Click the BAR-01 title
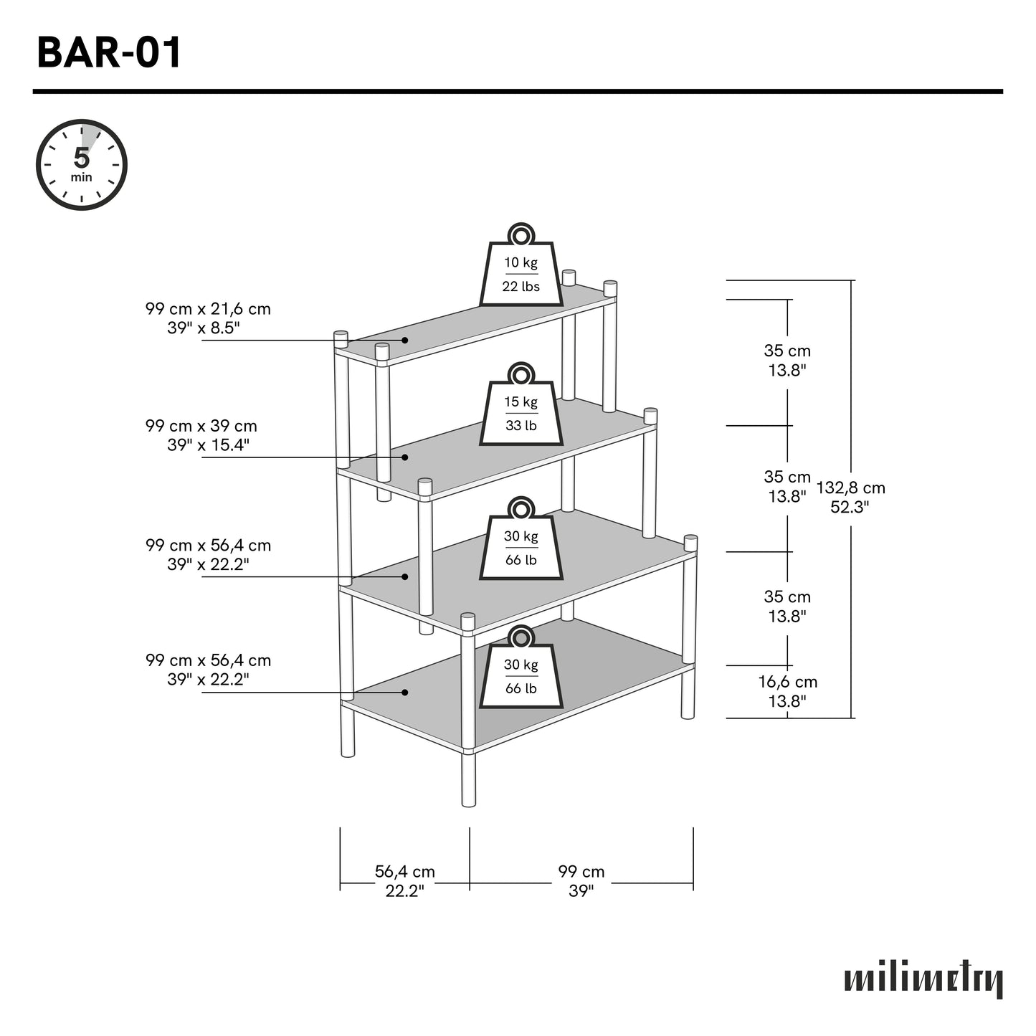109,53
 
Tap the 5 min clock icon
82,165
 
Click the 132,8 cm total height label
851,488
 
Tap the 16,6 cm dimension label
787,682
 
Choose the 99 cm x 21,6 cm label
208,309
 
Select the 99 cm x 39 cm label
201,426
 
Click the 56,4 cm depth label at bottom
405,872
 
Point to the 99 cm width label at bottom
581,872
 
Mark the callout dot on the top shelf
404,340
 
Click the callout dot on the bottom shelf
404,692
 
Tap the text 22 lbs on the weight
521,287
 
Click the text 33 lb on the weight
521,426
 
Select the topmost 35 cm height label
787,351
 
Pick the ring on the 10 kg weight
521,235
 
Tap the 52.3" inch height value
850,507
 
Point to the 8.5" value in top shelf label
224,328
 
